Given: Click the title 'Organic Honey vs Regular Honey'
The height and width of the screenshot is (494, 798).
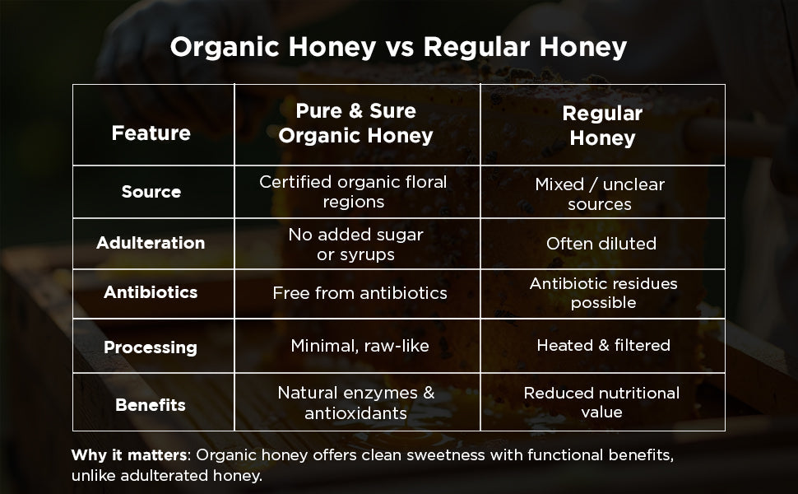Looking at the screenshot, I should point(398,47).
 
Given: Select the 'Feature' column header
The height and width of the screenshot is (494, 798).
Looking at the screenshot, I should point(151,133).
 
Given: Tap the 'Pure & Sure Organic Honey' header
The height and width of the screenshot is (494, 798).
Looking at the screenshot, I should point(355,123).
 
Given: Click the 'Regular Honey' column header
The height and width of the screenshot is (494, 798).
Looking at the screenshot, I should point(602,125).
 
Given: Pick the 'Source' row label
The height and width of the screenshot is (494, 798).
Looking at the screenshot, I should point(151,192).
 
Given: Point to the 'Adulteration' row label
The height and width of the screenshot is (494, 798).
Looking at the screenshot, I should point(151,243).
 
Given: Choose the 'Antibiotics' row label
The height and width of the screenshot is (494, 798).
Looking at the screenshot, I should point(151,292).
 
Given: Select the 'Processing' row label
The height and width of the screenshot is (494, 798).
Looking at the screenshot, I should point(151,347).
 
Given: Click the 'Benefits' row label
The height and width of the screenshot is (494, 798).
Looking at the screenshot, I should point(151,404).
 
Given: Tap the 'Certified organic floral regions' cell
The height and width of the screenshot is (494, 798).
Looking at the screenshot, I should point(353,192).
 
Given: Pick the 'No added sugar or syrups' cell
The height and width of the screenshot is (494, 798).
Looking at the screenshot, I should point(355,245).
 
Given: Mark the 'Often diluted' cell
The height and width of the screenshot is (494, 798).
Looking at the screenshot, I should point(601,244).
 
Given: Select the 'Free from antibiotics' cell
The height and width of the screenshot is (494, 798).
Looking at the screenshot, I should point(360,293).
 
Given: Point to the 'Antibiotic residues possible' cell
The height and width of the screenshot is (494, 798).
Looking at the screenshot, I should point(603,293).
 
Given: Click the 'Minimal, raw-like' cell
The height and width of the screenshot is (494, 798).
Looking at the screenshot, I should point(360,346).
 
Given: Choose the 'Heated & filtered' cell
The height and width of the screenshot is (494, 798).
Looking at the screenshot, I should point(603,346).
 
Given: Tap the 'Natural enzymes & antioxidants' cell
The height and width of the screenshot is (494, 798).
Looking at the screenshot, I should point(355,403).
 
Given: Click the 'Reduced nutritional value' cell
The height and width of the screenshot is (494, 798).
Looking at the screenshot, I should point(601,403).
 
